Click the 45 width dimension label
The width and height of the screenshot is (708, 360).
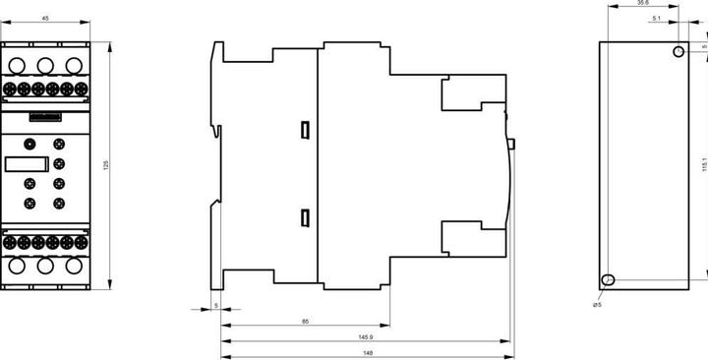[x=45, y=19]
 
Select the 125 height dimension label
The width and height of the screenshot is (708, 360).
[x=106, y=165]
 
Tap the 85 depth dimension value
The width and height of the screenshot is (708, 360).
[x=305, y=322]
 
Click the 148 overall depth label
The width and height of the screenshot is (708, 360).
[x=369, y=353]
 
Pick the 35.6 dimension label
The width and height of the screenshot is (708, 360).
[x=643, y=3]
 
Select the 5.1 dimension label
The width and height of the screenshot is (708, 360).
[x=657, y=19]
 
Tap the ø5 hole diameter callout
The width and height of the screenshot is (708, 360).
[x=597, y=305]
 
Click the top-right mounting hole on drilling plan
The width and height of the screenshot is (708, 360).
[x=678, y=51]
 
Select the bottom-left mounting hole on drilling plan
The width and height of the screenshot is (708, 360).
[x=609, y=279]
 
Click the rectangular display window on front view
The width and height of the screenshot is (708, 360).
[x=27, y=164]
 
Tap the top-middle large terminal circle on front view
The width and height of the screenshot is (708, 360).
[x=45, y=66]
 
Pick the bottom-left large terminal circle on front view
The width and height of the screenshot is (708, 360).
[x=17, y=266]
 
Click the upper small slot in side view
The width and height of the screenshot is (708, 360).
[x=305, y=130]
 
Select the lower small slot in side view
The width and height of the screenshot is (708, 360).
[x=305, y=218]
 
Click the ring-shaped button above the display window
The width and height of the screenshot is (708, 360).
[x=29, y=144]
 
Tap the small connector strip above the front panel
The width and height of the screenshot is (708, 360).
[x=45, y=117]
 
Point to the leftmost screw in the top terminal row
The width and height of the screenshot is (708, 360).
[x=10, y=89]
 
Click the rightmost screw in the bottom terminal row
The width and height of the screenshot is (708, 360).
[x=82, y=242]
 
